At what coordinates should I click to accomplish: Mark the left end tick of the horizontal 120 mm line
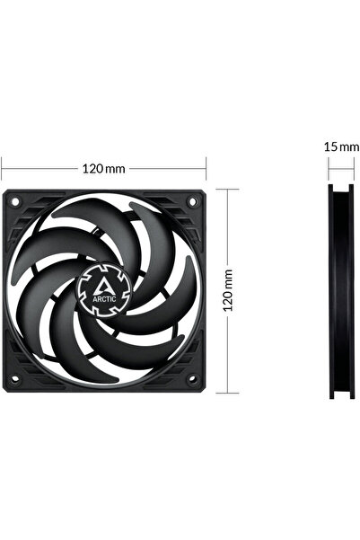(x=2, y=167)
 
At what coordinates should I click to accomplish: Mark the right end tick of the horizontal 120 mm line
(x=207, y=167)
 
